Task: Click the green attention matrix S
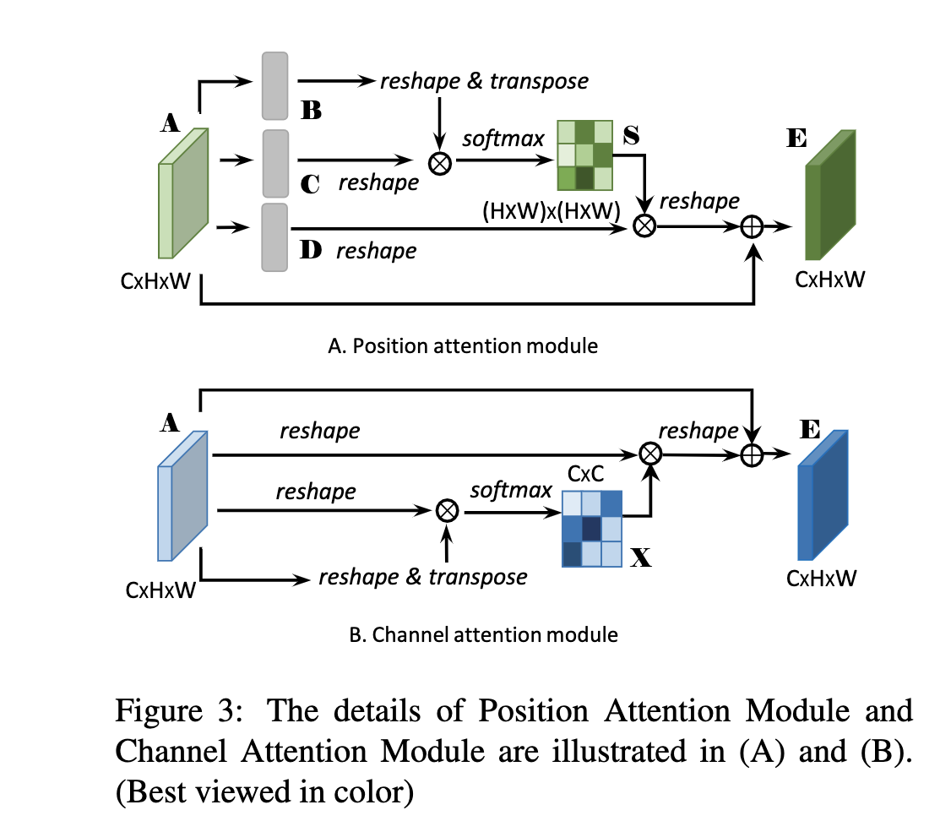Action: point(584,155)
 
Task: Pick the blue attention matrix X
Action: point(592,529)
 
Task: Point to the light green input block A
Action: point(182,194)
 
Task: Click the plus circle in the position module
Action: point(752,226)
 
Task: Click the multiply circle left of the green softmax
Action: point(440,162)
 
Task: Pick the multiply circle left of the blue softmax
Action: point(447,509)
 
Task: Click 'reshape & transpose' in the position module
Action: point(484,81)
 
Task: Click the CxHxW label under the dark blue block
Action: point(821,579)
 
